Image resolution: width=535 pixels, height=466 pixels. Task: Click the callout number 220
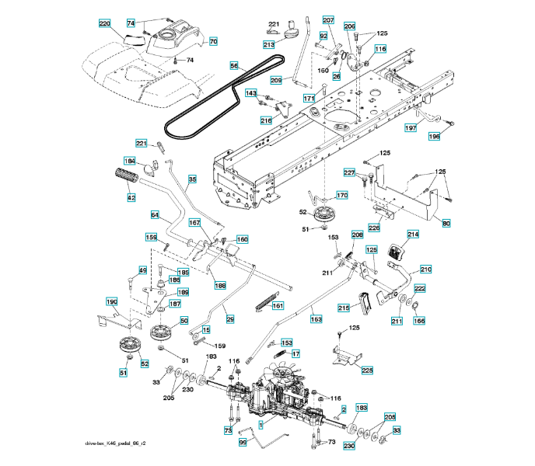[104, 24]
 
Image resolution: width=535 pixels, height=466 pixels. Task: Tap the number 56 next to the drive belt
[234, 66]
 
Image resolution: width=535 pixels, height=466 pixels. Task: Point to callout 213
[269, 45]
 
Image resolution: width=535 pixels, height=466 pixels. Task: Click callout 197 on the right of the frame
[411, 127]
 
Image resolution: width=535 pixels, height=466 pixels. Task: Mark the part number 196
[433, 136]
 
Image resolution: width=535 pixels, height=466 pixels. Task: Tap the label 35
[192, 179]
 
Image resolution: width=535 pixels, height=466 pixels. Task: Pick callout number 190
[111, 301]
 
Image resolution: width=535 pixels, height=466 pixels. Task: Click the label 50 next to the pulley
[184, 320]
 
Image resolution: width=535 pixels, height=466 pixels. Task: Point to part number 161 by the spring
[278, 305]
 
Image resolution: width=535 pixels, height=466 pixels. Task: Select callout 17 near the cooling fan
[295, 353]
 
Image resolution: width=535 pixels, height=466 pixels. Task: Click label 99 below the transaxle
[242, 442]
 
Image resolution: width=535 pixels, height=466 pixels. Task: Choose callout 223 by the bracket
[367, 370]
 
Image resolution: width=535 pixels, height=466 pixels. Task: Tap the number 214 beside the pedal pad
[412, 234]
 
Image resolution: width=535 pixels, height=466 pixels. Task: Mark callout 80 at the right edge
[446, 224]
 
